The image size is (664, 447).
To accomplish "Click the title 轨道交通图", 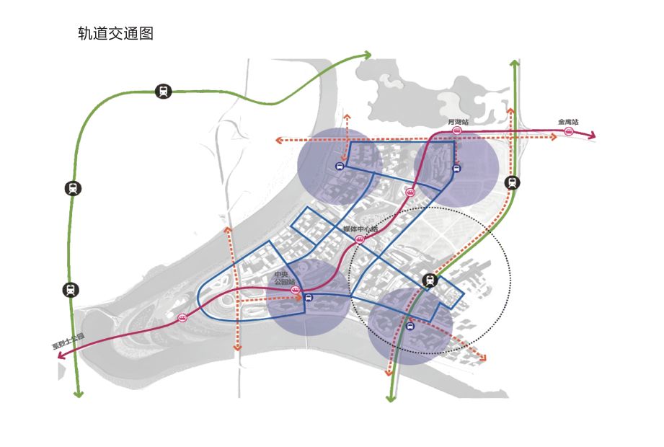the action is (115, 34).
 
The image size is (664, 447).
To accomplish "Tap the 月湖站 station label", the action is (457, 122).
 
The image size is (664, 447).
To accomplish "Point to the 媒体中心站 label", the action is (360, 230).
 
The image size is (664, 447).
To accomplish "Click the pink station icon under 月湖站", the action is (456, 131).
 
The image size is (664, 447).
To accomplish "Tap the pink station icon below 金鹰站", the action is (569, 133).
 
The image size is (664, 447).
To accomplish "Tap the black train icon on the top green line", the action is (164, 92).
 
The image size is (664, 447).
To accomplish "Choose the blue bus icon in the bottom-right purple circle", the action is (410, 327).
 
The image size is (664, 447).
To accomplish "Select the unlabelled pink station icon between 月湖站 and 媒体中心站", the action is (410, 192).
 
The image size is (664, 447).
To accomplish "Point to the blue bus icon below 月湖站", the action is (456, 169).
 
